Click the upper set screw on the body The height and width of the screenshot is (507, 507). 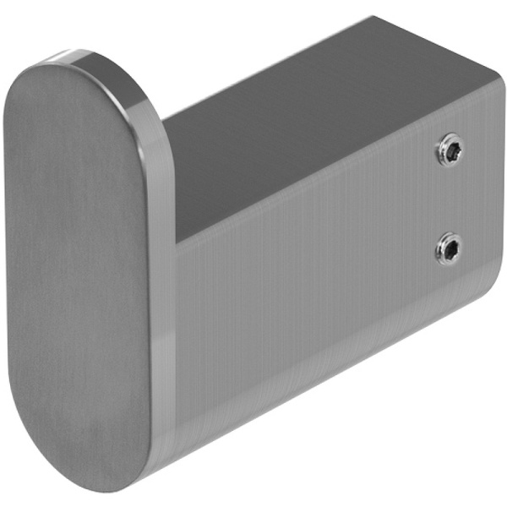tap(449, 153)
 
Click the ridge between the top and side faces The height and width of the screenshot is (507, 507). tap(338, 186)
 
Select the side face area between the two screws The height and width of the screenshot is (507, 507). tap(449, 199)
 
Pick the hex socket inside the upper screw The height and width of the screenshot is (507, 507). tap(450, 153)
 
